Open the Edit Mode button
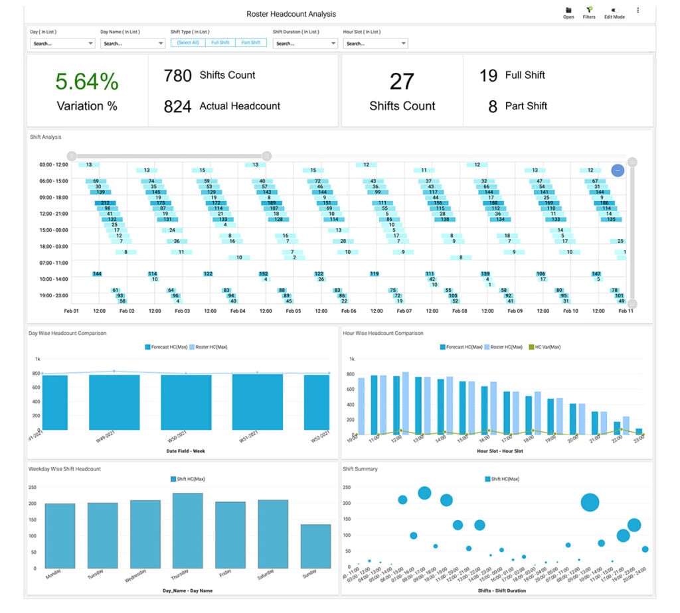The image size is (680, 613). click(614, 13)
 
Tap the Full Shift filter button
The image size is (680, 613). click(220, 42)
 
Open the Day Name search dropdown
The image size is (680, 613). click(133, 44)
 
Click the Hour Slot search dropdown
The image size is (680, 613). click(375, 44)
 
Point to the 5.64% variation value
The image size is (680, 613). click(87, 82)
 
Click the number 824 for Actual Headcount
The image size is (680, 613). click(177, 106)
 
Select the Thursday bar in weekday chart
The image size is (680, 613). click(187, 530)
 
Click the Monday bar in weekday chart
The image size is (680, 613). click(60, 535)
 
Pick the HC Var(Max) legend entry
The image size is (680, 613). click(545, 347)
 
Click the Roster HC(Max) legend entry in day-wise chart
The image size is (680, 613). click(209, 347)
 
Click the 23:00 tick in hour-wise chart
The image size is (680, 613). click(639, 439)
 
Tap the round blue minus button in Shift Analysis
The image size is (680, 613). click(618, 170)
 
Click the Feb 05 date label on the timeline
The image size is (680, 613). click(293, 311)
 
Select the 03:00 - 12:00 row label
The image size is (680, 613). click(54, 165)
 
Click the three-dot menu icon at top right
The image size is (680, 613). click(638, 11)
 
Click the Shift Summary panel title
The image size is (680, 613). click(360, 469)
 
